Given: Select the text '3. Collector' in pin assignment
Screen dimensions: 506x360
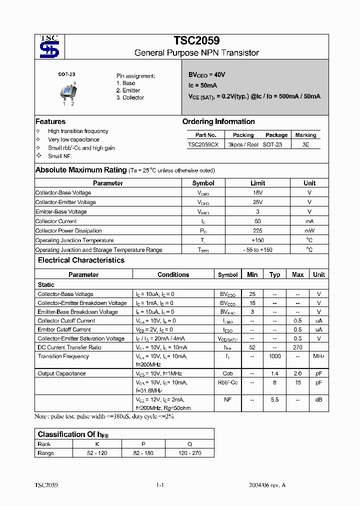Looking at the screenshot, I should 130,97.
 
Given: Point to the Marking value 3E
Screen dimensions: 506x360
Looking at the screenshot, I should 305,144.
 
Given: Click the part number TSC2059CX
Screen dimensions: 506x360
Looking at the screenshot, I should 203,144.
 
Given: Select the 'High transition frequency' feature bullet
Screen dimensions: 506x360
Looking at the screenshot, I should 78,131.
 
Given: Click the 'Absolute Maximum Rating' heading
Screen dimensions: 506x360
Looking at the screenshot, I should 80,170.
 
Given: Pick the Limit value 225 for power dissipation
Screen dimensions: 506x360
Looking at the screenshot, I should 257,231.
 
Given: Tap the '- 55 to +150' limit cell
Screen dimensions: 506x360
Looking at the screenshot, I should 257,250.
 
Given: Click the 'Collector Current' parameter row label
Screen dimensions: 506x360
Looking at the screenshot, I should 56,221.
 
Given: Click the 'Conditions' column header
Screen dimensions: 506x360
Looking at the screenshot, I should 173,274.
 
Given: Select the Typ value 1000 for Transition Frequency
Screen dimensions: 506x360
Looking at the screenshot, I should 274,356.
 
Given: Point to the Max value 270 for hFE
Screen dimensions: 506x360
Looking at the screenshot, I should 297,347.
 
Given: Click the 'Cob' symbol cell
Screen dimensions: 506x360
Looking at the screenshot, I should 227,373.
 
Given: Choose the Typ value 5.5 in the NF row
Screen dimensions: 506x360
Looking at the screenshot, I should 274,400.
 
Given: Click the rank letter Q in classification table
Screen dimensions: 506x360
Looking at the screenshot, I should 189,444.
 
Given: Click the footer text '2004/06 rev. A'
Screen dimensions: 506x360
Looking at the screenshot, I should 267,485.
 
